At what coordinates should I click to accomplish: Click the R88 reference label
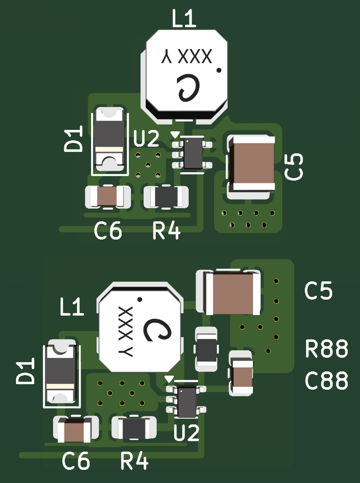click(x=327, y=349)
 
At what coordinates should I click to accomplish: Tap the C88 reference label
click(x=327, y=381)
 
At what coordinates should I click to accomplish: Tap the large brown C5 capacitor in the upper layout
click(x=251, y=163)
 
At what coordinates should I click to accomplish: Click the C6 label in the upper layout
click(x=108, y=231)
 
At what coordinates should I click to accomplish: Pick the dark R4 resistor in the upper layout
click(x=166, y=196)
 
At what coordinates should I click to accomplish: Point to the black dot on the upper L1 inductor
click(x=219, y=70)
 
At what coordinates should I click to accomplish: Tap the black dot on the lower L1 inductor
click(x=139, y=299)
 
